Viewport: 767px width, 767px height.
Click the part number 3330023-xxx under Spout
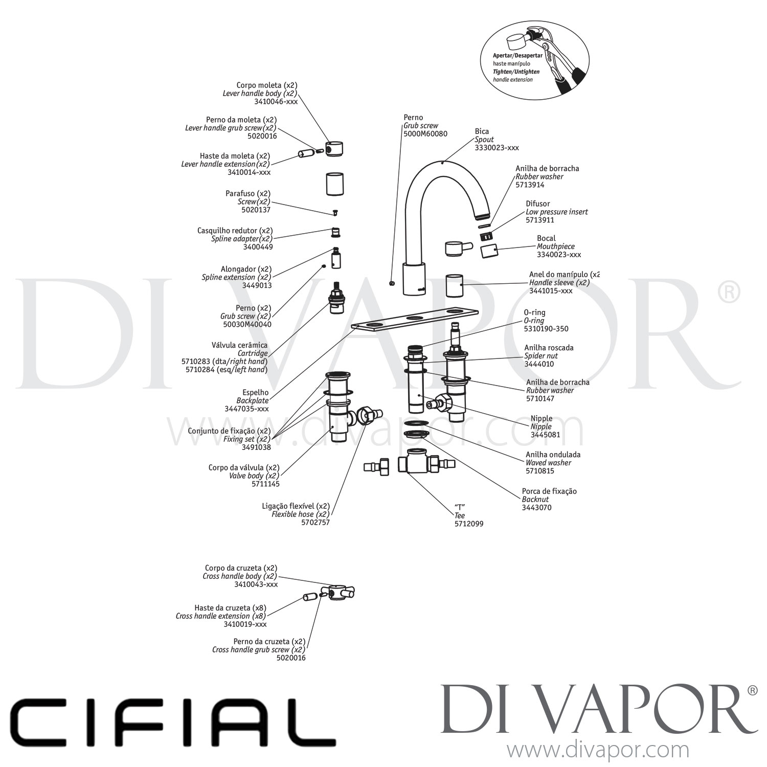[497, 148]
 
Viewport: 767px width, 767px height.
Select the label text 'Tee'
[460, 516]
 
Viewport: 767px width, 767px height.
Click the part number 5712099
[469, 524]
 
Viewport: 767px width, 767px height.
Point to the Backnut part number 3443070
[537, 508]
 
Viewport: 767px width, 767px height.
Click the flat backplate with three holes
[415, 320]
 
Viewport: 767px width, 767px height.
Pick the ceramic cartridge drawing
[336, 298]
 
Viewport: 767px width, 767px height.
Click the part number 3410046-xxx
[276, 102]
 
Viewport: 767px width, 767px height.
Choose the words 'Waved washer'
[549, 463]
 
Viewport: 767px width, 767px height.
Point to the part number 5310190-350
[546, 329]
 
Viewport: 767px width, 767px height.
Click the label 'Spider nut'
[541, 356]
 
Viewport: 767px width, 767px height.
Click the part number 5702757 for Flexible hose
[316, 522]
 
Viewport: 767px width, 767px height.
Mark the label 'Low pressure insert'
[557, 212]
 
